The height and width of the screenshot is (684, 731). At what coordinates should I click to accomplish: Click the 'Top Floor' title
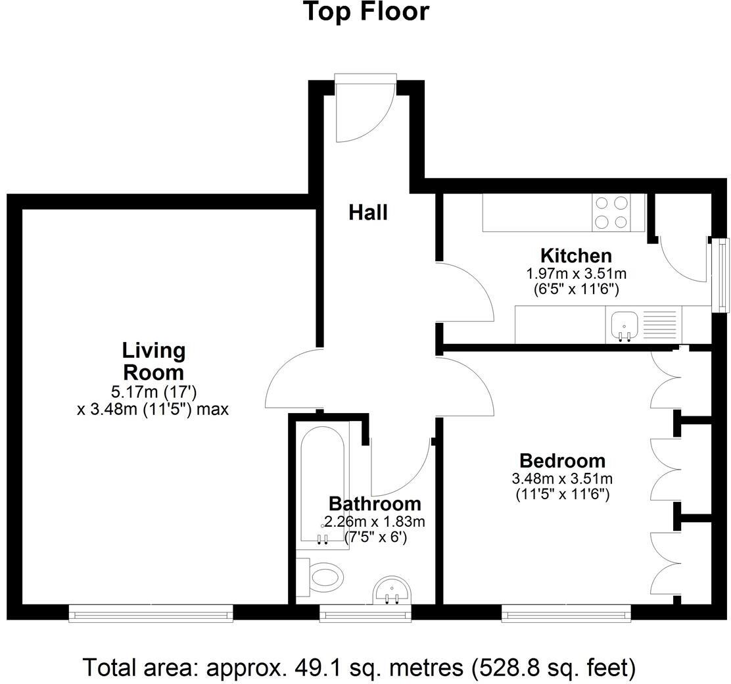pos(365,12)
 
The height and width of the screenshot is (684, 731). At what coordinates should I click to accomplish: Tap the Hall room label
pos(367,212)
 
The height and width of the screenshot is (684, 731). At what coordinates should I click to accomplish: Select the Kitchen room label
pos(576,255)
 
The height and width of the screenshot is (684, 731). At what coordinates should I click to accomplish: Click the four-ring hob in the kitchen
pos(611,212)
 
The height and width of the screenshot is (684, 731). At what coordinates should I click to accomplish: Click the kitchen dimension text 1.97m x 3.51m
pos(576,273)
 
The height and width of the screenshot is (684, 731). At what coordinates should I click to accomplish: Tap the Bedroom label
pos(562,460)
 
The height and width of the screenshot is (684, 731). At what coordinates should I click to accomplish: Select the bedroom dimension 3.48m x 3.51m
pos(562,479)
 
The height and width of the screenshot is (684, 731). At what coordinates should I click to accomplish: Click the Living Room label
pos(154,361)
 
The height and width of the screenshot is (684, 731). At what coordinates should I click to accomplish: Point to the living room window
pos(151,615)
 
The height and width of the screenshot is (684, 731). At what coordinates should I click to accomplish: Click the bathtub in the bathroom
pos(322,487)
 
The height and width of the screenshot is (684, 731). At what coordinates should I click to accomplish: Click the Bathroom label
pos(375,504)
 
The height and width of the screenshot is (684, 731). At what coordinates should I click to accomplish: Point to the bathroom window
pos(365,615)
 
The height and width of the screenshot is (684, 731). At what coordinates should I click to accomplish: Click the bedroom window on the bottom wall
pos(565,615)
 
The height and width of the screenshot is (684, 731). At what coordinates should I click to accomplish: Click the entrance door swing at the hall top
pos(364,110)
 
